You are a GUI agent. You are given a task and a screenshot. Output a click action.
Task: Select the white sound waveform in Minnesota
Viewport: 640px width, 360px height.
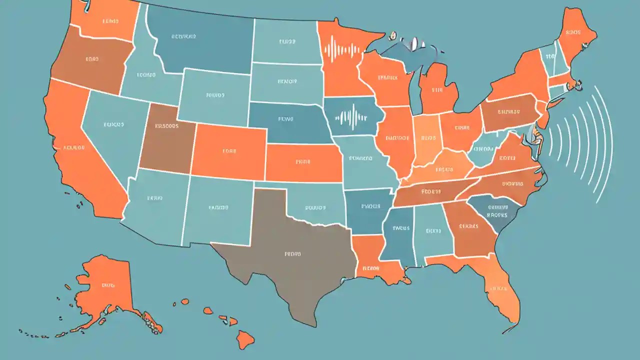click(x=342, y=50)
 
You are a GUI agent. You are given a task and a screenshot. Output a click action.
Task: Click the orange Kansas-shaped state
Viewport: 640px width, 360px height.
click(x=302, y=162)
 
